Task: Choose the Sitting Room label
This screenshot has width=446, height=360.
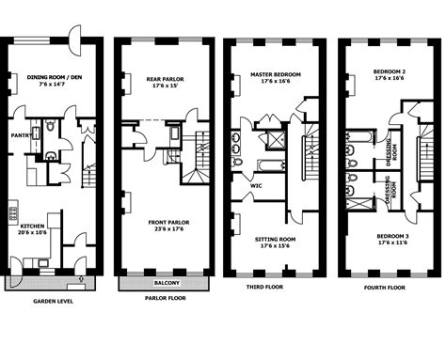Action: coord(273,240)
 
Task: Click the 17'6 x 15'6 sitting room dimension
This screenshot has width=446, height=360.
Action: coord(273,248)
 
